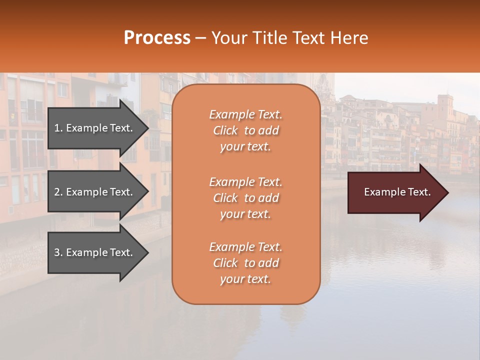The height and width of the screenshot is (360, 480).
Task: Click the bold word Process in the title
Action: click(157, 38)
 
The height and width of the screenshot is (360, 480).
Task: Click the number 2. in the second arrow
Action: click(58, 192)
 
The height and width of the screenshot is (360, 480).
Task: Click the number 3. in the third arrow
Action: click(58, 252)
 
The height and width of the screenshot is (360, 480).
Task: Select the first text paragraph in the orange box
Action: click(245, 130)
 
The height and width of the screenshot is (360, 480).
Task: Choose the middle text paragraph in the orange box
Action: click(245, 198)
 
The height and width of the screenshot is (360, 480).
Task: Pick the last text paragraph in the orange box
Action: click(245, 263)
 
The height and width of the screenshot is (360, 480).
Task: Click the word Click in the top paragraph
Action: click(225, 130)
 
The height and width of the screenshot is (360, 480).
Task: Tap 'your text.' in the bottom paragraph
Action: click(245, 279)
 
